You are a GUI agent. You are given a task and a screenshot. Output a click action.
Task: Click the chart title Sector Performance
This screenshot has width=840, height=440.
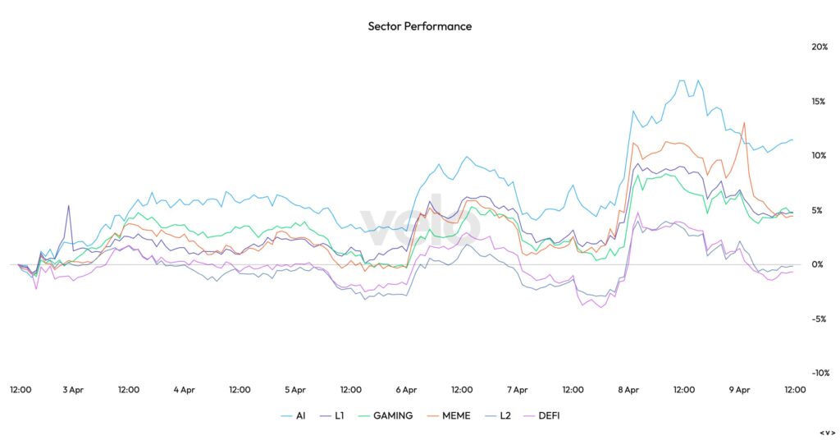420,26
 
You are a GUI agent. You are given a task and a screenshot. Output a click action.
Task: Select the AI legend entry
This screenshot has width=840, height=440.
300,415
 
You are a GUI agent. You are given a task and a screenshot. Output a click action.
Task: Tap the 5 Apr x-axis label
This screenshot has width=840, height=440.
294,390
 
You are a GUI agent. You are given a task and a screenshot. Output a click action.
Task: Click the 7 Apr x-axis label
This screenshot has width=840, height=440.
517,390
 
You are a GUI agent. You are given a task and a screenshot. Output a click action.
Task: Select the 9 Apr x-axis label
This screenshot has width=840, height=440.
739,390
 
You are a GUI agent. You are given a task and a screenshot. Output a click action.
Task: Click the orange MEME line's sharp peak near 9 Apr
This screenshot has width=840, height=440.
744,123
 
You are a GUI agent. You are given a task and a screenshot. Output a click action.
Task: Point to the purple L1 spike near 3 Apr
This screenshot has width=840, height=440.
68,206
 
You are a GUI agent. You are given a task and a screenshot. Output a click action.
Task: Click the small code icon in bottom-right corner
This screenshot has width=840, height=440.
827,433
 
